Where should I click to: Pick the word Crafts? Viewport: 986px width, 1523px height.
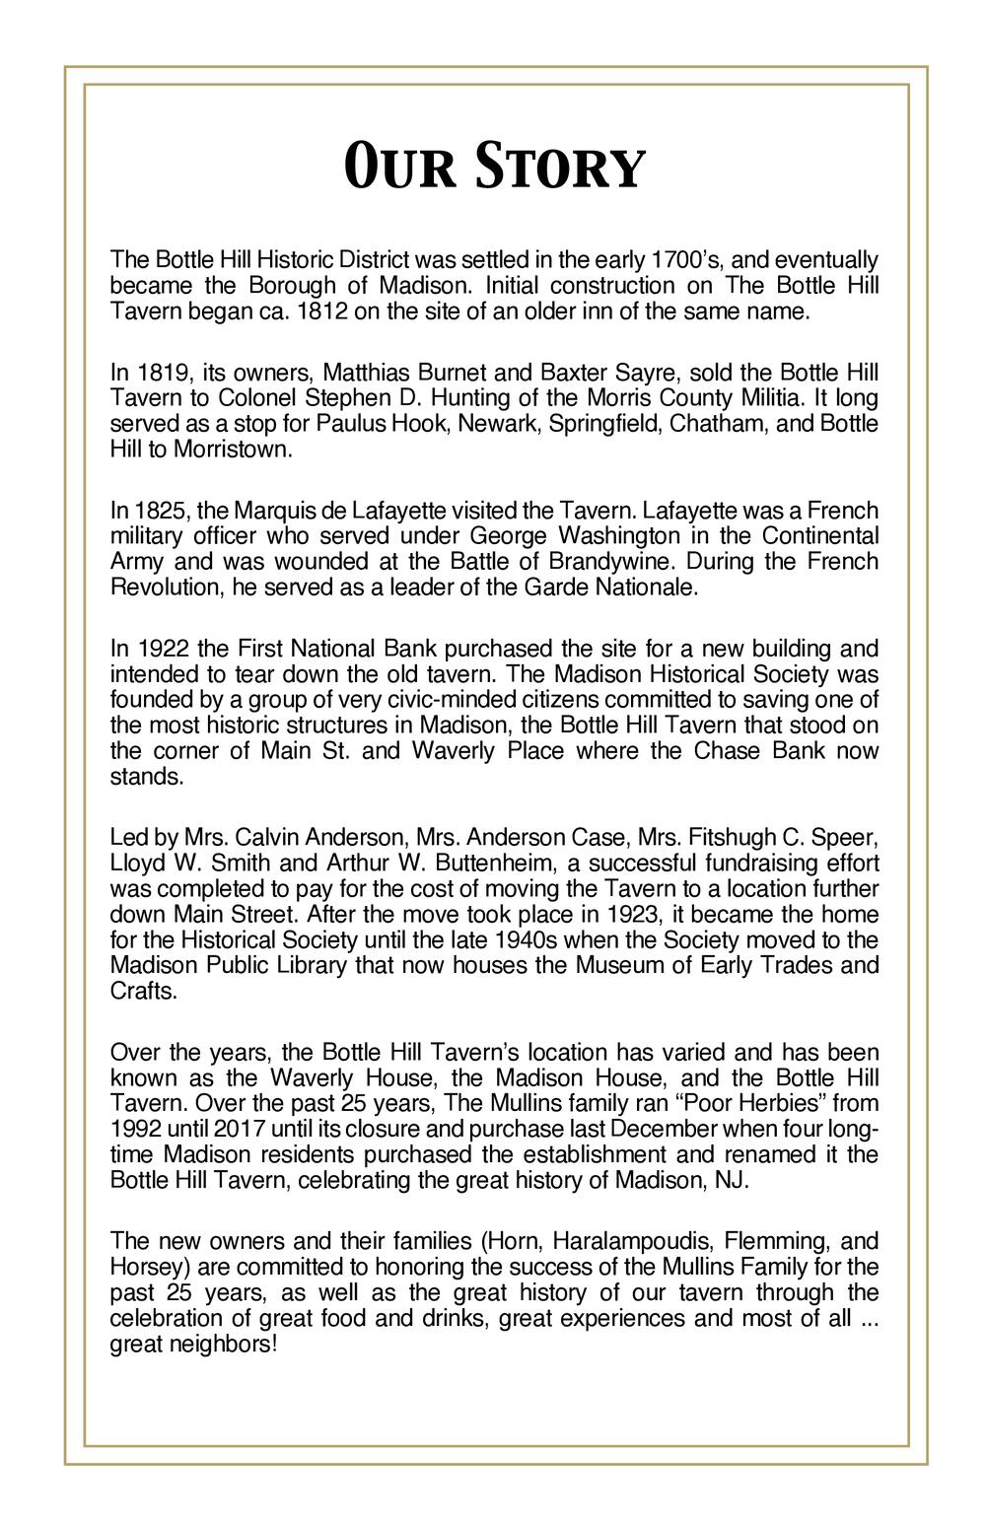click(144, 991)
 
